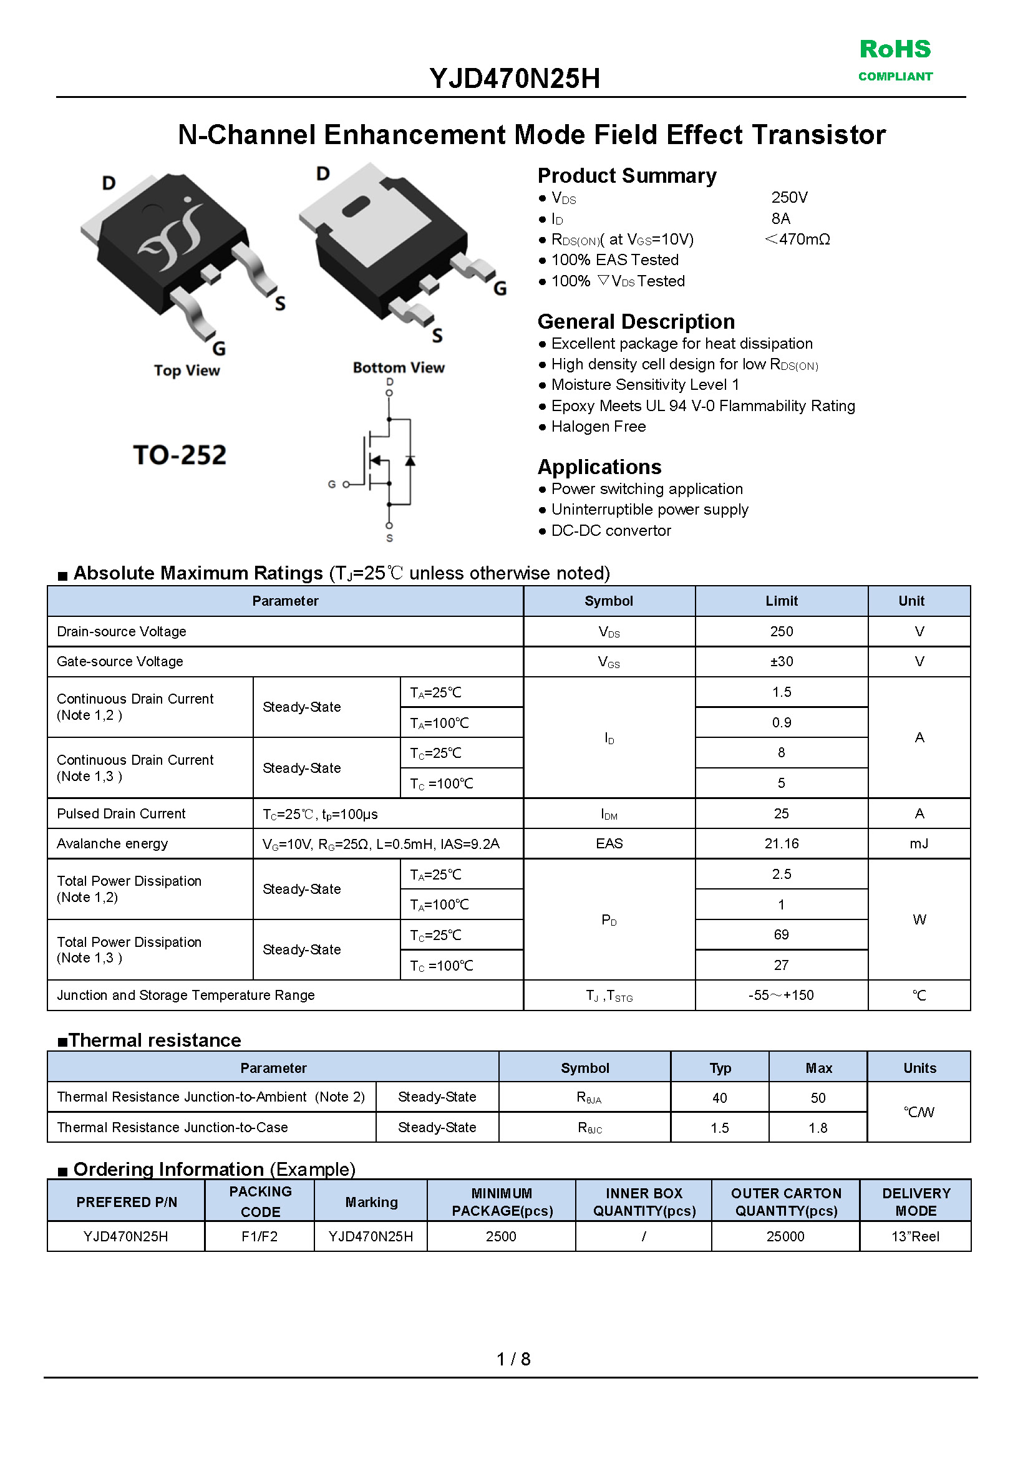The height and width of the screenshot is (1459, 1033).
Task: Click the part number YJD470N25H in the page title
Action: (515, 79)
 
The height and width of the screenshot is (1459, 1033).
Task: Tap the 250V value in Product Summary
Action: (788, 198)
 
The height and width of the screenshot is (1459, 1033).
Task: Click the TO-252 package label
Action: (180, 455)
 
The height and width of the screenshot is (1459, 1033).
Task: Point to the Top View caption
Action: (187, 371)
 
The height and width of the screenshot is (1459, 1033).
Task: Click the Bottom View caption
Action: (398, 367)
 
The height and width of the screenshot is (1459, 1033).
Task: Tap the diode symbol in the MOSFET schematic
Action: (410, 460)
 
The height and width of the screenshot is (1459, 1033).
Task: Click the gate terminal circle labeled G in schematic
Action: (346, 485)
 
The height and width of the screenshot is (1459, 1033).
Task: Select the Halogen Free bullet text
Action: (598, 427)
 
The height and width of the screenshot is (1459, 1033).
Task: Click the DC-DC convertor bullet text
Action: (611, 531)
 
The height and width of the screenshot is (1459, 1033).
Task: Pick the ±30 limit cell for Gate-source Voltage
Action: (781, 661)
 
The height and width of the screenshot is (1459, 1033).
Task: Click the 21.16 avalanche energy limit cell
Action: (781, 844)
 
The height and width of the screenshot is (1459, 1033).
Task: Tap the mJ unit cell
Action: (918, 844)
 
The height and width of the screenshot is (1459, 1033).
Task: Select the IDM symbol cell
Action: (609, 814)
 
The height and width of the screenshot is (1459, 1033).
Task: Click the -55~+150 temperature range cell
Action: (781, 996)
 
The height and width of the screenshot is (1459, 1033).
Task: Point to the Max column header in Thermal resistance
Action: (818, 1069)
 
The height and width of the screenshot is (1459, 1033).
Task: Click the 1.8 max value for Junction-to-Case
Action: (818, 1128)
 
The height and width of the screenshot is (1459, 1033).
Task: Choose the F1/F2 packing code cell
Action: (259, 1236)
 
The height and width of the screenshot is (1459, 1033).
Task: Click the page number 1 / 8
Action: (513, 1359)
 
